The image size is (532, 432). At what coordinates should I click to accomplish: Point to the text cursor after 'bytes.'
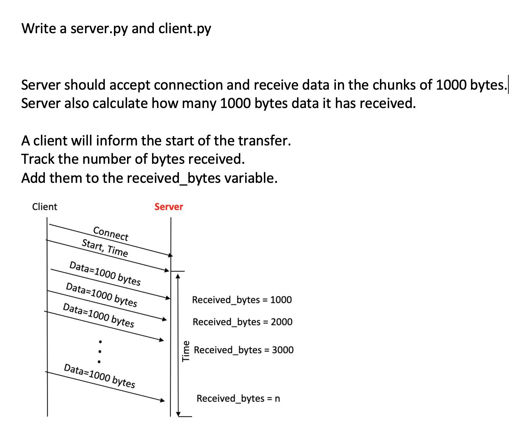click(508, 85)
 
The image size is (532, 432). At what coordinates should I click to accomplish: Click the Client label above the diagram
click(44, 207)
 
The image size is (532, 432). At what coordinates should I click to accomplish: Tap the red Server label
click(169, 207)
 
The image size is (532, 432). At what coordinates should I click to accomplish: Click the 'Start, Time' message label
click(105, 248)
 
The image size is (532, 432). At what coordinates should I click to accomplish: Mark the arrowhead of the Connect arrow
click(170, 255)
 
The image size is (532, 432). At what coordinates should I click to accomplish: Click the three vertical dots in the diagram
click(100, 352)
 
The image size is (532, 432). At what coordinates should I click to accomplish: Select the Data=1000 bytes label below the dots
click(99, 376)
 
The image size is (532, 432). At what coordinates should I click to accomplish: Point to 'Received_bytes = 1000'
click(242, 300)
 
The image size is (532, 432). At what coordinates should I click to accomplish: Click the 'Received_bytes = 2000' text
click(242, 322)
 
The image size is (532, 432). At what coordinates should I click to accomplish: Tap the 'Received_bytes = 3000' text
click(243, 350)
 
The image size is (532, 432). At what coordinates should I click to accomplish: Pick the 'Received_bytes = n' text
click(238, 398)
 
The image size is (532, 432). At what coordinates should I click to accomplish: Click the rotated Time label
click(186, 351)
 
